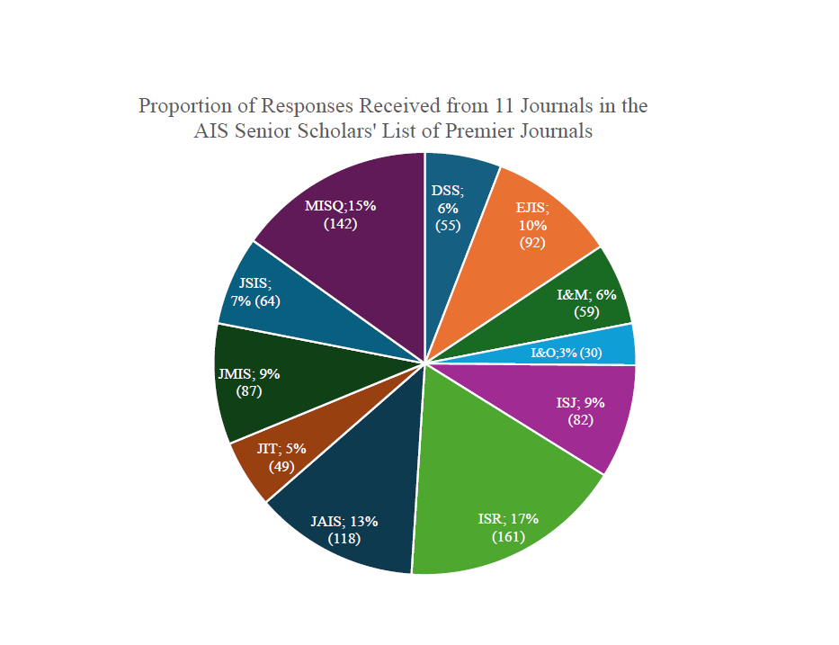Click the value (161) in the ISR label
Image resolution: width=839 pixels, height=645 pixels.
click(x=508, y=537)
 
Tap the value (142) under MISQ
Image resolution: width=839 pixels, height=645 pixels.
click(x=340, y=223)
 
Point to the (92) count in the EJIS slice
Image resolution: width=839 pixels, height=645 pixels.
click(x=532, y=242)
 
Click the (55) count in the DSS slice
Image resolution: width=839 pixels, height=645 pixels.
click(x=448, y=225)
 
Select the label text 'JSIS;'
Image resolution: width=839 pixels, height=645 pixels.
click(x=254, y=283)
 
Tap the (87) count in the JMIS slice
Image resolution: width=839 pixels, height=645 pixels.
click(x=249, y=391)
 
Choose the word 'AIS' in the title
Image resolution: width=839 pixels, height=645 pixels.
click(x=212, y=130)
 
